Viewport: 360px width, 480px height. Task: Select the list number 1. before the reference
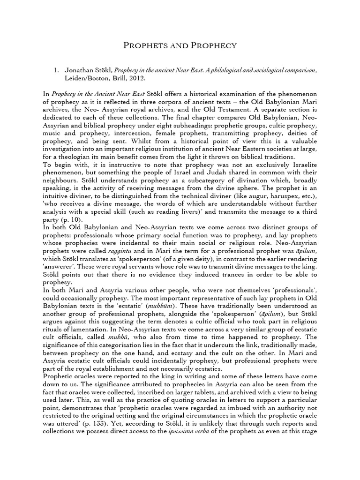(57, 70)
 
